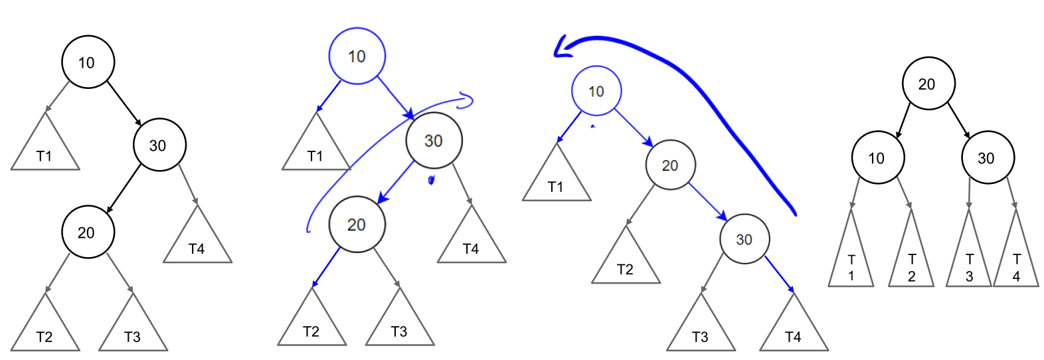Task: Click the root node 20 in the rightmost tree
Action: [928, 84]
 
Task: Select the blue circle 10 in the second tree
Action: [357, 56]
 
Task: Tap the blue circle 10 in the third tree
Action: [596, 91]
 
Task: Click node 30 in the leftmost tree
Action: [159, 145]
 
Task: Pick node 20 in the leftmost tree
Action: [88, 232]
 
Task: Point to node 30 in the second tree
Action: [434, 140]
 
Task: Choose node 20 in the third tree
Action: [670, 165]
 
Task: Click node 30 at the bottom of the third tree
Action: [744, 239]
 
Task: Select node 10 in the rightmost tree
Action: [877, 157]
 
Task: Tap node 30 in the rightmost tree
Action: [988, 157]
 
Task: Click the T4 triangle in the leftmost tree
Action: [197, 242]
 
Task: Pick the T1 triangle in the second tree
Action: [316, 150]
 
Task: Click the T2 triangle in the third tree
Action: [626, 263]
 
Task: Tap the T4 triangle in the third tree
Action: [794, 330]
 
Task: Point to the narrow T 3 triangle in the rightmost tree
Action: [969, 259]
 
